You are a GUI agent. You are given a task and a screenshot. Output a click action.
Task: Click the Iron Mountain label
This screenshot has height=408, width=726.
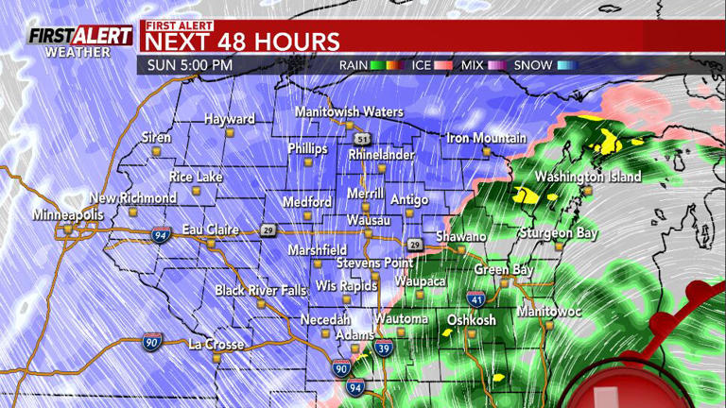click(x=487, y=139)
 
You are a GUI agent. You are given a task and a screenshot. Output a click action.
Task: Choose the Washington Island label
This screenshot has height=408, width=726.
click(x=587, y=177)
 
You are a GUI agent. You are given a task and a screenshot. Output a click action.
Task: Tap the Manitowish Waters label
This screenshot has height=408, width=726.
click(x=349, y=112)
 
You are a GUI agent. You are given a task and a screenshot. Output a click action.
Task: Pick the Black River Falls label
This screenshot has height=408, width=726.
click(x=260, y=291)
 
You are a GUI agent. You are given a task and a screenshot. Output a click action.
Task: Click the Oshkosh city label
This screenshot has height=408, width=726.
click(x=471, y=320)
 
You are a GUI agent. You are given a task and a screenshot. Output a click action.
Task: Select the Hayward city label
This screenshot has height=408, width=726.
click(x=230, y=119)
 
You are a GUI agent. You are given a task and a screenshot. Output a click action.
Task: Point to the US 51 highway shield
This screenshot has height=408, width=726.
click(x=363, y=136)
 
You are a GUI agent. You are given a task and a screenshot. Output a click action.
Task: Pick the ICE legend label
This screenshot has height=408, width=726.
click(x=421, y=65)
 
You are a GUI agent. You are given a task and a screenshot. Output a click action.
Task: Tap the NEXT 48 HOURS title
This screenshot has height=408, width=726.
click(x=241, y=42)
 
